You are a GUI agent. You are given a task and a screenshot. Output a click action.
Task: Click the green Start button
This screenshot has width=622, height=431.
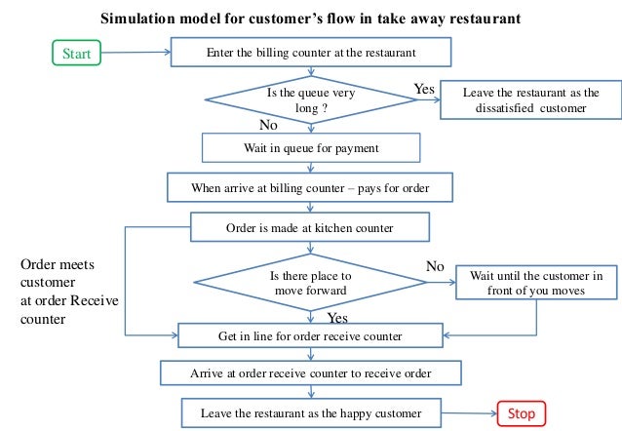click(x=75, y=54)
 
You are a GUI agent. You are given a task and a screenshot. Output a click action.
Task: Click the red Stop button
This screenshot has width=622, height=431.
click(x=522, y=413)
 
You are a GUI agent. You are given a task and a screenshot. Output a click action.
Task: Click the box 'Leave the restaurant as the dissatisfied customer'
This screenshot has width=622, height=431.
click(x=530, y=100)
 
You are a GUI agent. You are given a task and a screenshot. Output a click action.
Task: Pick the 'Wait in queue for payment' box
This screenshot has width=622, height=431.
click(x=310, y=147)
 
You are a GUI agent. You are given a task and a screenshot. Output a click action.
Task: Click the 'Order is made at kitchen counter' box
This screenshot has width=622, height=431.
click(x=310, y=228)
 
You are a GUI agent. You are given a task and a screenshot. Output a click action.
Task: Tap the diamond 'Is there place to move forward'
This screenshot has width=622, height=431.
click(x=310, y=284)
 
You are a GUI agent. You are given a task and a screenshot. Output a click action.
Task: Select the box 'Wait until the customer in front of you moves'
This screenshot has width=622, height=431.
click(x=536, y=283)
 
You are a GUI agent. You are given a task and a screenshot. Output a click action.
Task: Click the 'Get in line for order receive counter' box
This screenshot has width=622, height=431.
click(x=310, y=336)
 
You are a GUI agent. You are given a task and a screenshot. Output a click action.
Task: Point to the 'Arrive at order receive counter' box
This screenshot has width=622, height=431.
click(x=310, y=373)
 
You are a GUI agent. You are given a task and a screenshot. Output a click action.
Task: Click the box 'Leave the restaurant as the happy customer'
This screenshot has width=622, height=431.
click(x=310, y=413)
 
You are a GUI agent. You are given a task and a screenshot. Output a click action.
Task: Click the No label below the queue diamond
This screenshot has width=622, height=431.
click(x=270, y=126)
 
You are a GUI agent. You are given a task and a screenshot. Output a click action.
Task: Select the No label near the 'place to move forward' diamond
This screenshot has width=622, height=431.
click(x=435, y=265)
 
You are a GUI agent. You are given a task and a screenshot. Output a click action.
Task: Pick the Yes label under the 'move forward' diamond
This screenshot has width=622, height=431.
click(x=337, y=318)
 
